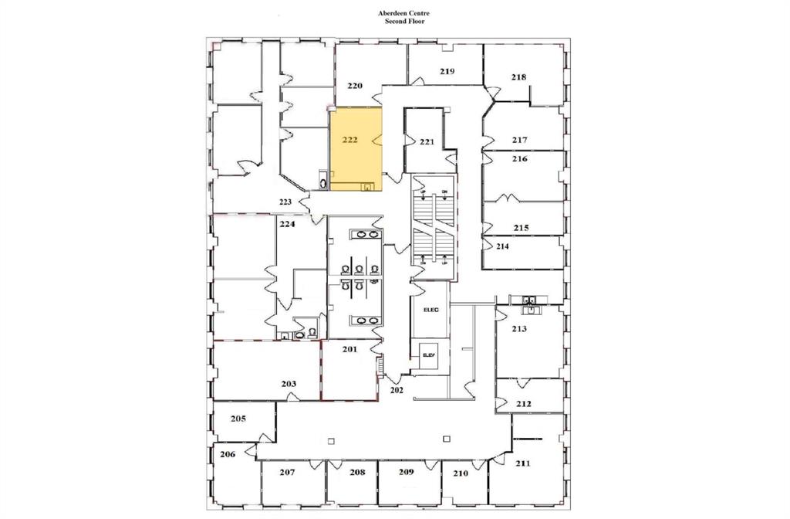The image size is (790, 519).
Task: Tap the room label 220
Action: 355,86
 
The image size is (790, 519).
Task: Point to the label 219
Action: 447,71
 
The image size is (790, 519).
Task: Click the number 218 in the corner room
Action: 518,76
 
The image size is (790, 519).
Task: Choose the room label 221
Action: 427,142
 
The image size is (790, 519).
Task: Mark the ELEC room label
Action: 430,310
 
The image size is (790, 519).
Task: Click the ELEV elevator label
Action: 429,355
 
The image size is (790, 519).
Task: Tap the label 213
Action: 519,329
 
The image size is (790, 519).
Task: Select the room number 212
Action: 524,404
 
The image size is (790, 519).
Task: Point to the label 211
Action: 523,463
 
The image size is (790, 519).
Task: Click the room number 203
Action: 289,384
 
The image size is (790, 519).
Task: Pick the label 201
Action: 349,350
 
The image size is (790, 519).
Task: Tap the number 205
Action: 238,419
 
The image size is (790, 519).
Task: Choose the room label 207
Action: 288,471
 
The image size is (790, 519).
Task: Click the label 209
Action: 407,471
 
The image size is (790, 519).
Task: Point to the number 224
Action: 288,225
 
